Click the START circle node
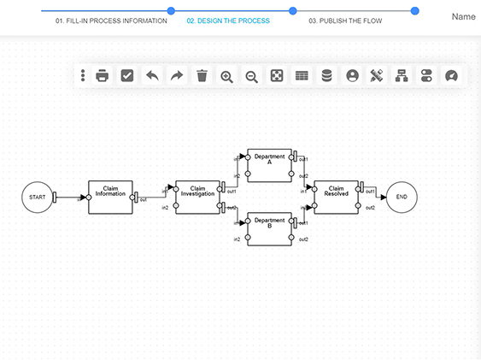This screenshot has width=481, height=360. pos(38,197)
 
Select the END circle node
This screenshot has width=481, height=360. pos(401,197)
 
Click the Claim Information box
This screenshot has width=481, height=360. pos(111,196)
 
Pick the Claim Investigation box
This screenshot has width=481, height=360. pos(197,196)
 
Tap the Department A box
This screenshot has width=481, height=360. pos(270,165)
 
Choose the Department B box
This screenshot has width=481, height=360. pos(270,227)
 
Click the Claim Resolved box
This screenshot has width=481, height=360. pos(336,196)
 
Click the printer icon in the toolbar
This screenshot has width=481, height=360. pos(102,75)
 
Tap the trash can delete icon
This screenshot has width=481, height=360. pos(202,75)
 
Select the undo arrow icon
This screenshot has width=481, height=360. pos(152,75)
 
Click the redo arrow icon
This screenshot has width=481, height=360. pos(177,75)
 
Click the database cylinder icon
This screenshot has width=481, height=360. pos(326,75)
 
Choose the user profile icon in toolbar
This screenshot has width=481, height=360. pos(351,75)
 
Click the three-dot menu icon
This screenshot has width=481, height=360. pos(83,75)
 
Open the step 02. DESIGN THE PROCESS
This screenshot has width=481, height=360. pos(227,21)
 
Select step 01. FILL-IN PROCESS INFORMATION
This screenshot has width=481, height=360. pos(111,21)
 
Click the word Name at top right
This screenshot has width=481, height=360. pos(463,16)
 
